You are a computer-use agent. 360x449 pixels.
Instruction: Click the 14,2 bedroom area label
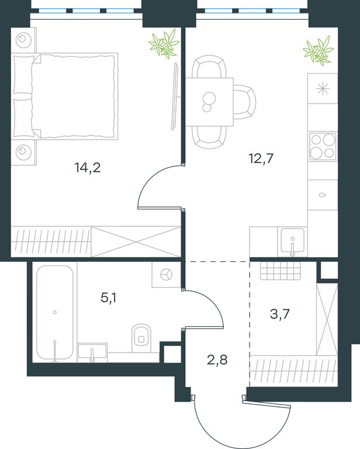pos(88,168)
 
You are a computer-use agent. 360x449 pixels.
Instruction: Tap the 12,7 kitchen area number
pos(261,158)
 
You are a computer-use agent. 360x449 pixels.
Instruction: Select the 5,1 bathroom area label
pos(109,298)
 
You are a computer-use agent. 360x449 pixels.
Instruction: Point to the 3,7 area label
pos(280,314)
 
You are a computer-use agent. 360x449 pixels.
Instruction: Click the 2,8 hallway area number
pos(217,360)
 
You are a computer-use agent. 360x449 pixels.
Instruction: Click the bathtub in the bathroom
pos(55,312)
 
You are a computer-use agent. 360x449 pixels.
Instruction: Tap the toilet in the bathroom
pos(141,338)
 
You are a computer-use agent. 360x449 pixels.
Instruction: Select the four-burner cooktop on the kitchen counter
pos(323,146)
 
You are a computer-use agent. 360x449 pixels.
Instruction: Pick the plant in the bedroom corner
pos(164,43)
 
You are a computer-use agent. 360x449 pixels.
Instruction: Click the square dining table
pos(209,102)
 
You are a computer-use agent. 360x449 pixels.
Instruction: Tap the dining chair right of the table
pos(244,102)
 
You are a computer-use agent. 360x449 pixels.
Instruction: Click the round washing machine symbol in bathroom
pos(166,275)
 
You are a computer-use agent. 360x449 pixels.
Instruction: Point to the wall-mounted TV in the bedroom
pos(175,96)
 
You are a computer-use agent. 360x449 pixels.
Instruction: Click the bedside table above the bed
pos(24,40)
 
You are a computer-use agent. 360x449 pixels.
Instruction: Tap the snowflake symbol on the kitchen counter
pos(323,88)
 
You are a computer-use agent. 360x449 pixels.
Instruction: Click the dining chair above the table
pos(209,67)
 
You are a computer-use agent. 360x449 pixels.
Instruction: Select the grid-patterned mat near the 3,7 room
pos(281,271)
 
